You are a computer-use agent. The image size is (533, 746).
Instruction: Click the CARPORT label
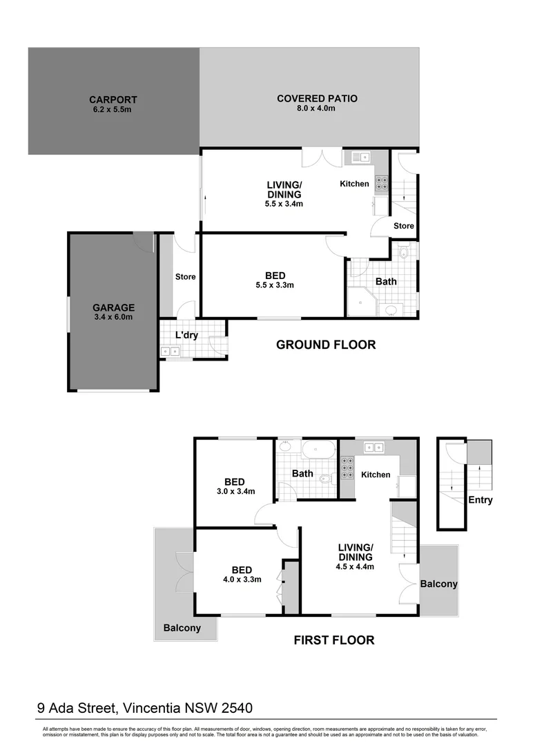[113, 99]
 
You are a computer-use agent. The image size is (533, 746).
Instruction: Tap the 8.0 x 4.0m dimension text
[317, 108]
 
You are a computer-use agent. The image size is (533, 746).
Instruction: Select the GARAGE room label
[114, 307]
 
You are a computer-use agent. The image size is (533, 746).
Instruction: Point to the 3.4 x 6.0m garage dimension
[114, 317]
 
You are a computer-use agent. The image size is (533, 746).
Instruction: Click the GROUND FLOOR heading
[326, 345]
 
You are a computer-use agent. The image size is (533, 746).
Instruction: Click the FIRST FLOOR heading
[334, 640]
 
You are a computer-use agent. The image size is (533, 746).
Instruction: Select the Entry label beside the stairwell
[480, 500]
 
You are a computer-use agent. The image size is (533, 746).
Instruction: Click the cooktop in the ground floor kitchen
[380, 184]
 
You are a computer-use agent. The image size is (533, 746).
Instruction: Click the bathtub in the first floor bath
[318, 449]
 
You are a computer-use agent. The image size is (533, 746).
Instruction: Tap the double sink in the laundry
[170, 352]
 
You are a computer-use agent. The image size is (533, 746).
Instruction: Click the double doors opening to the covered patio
[322, 157]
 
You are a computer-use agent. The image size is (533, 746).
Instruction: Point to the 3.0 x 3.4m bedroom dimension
[235, 492]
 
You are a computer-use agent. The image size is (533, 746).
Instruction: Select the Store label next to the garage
[185, 277]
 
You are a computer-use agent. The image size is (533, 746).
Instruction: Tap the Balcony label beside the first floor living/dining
[438, 584]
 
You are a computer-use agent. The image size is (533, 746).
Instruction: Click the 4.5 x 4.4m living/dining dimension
[356, 566]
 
